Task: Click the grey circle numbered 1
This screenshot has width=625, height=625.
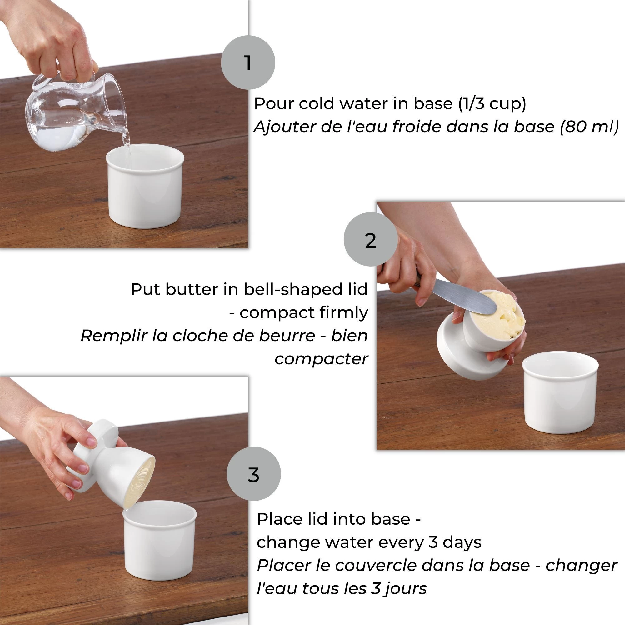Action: click(248, 62)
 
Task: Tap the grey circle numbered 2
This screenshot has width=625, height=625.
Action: click(371, 239)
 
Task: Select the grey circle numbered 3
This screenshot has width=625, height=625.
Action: click(254, 474)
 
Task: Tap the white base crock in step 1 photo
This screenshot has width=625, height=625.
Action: click(145, 186)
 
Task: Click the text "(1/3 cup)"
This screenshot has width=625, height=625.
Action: click(492, 104)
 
